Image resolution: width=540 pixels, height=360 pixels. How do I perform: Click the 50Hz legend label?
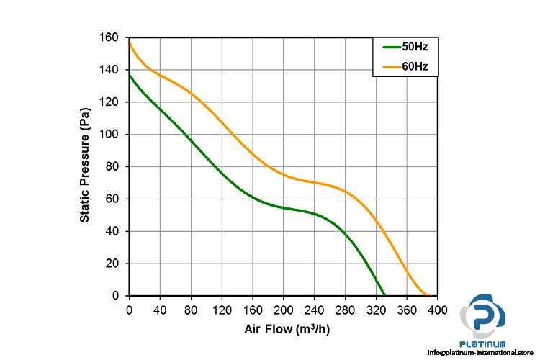(x=415, y=48)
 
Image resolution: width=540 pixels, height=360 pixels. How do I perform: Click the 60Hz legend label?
(x=415, y=68)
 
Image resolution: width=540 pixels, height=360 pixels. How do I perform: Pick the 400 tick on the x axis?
(x=438, y=310)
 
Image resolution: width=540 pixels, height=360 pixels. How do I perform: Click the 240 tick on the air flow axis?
(x=315, y=310)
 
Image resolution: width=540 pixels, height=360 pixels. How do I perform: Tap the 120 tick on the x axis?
(x=222, y=310)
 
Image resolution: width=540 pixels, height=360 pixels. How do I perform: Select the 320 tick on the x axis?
(x=377, y=310)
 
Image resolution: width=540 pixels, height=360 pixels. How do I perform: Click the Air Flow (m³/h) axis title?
(x=286, y=329)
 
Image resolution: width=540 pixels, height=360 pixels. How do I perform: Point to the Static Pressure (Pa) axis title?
(x=85, y=165)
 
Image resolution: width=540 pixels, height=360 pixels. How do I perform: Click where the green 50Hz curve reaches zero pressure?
(x=384, y=295)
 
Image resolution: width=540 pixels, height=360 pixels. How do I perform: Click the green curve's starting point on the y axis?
(x=130, y=75)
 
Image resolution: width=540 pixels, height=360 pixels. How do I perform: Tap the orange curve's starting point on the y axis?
(x=130, y=42)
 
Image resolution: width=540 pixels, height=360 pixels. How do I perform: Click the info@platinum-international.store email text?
(x=483, y=352)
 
